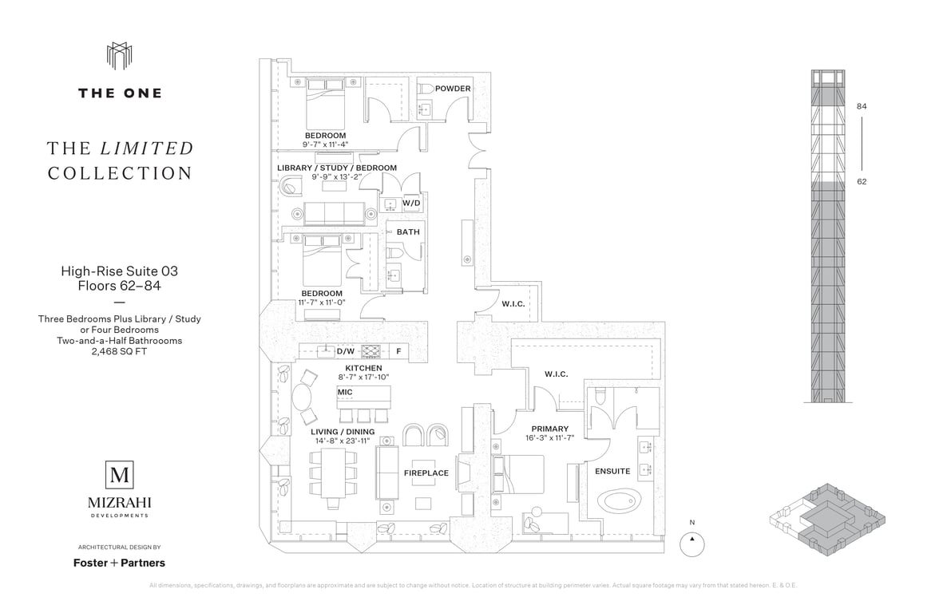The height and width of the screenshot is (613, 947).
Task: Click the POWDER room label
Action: coord(453,89)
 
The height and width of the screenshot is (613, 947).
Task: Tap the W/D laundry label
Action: coord(411,204)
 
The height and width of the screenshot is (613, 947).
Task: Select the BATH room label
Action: coord(408,232)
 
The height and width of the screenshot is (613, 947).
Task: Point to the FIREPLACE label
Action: coord(426,473)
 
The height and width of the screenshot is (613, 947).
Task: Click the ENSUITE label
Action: coord(612,471)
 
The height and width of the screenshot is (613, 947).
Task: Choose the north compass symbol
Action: coord(692,544)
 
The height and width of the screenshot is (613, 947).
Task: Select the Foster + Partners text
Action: coord(120,563)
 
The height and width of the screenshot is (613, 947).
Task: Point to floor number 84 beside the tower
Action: coord(862,106)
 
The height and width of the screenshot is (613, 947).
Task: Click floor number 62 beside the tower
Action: coord(862,181)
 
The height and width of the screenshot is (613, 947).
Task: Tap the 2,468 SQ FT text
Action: coord(120,350)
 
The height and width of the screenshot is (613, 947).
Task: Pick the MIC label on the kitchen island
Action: coord(345,393)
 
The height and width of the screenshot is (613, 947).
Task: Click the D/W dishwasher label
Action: coord(345,350)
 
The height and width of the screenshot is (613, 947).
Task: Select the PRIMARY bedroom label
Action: coord(549,429)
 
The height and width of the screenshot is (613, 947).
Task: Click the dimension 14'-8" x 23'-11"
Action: coord(343,441)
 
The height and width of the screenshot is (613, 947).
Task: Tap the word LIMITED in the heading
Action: coord(147,148)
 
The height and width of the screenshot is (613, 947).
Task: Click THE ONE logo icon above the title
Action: coord(119,57)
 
